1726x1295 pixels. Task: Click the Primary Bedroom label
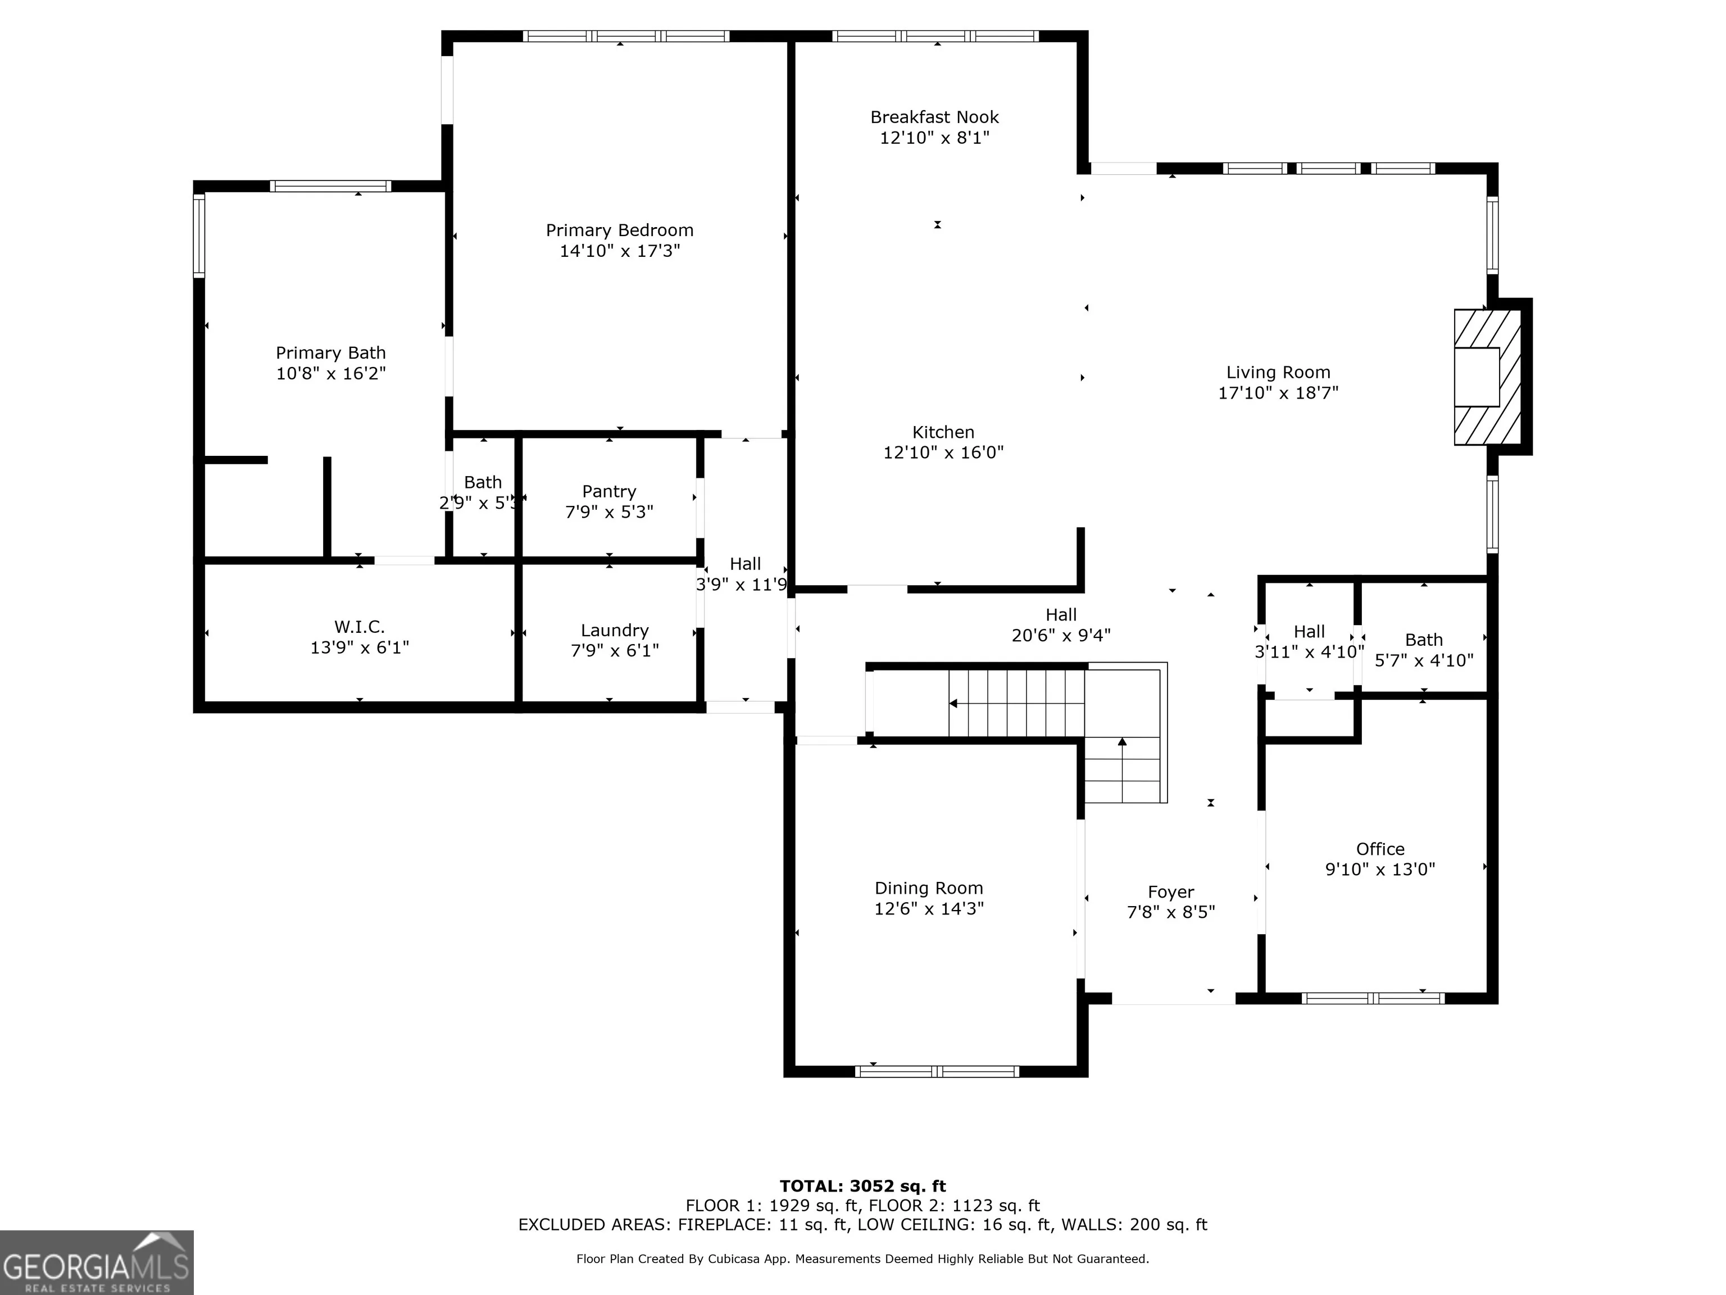620,230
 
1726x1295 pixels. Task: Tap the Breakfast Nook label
935,117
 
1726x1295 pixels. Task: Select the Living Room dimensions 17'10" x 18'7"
1278,393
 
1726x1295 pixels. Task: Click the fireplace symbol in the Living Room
1487,377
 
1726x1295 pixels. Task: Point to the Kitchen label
943,432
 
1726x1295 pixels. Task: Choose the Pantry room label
610,491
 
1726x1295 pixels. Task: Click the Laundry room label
615,630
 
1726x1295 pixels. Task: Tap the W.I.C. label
360,627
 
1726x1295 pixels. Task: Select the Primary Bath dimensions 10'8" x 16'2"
331,373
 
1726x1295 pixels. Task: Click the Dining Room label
929,888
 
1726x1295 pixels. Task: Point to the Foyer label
1171,891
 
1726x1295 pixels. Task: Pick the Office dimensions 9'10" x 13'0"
1380,869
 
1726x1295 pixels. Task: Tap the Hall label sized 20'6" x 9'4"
1061,614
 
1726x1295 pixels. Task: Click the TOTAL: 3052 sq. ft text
863,1187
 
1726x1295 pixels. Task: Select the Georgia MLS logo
97,1262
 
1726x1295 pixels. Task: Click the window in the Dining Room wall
937,1072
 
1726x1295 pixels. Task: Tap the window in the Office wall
1373,998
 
